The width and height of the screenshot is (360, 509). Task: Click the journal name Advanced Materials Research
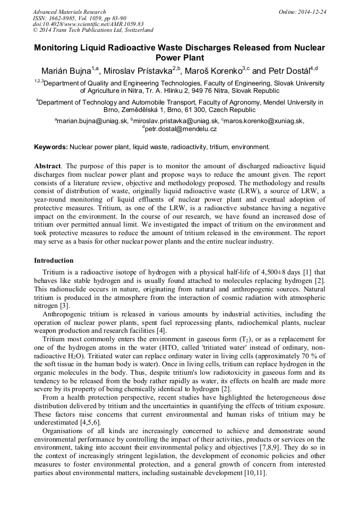point(69,12)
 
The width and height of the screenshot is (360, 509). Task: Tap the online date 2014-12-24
point(313,12)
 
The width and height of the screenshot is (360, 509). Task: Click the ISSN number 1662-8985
point(63,18)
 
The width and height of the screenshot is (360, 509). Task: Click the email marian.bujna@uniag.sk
point(92,121)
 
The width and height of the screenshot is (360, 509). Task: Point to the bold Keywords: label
point(51,146)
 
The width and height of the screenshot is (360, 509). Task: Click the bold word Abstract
point(47,166)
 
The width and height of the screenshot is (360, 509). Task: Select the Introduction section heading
point(54,261)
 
